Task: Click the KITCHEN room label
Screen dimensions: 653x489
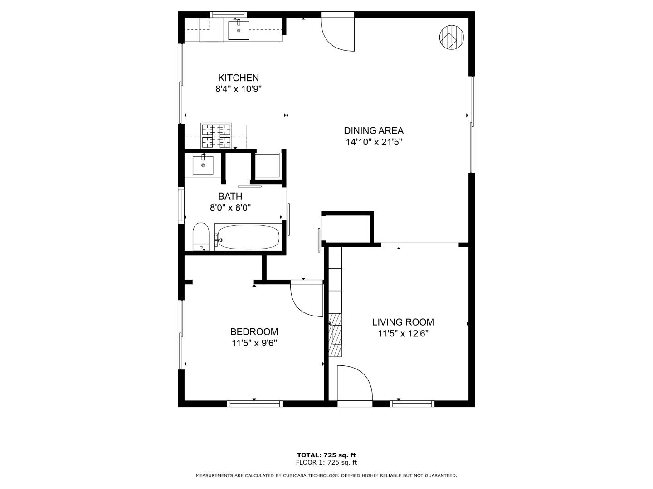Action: coord(238,78)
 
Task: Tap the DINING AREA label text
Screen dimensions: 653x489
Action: coord(373,131)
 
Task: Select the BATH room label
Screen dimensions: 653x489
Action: coord(230,196)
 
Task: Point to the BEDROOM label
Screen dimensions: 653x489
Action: coord(254,331)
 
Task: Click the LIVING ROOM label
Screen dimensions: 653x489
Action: coord(403,322)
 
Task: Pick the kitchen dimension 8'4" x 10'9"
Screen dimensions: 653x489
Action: coord(238,89)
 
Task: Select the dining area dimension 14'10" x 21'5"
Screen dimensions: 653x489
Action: coord(374,142)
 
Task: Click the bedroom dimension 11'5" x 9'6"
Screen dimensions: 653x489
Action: coord(254,343)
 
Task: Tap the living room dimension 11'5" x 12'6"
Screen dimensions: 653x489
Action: coord(403,334)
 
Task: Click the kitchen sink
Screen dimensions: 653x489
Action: coord(239,30)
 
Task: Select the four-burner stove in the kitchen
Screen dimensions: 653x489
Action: coord(216,136)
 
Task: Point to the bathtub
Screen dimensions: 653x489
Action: coord(248,237)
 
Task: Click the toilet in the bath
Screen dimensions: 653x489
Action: coord(201,237)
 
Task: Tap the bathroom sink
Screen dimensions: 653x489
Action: coord(203,165)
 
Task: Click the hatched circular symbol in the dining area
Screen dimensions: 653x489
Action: coord(451,37)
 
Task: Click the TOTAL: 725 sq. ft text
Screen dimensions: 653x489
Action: coord(326,455)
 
